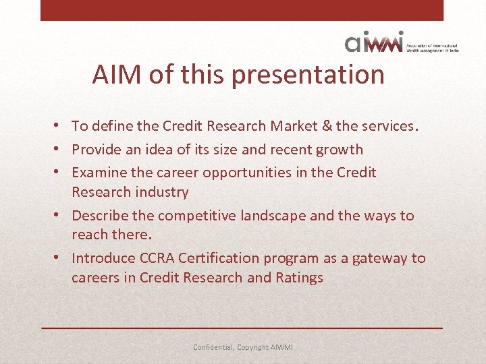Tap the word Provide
(x=99, y=150)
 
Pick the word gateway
(x=379, y=258)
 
